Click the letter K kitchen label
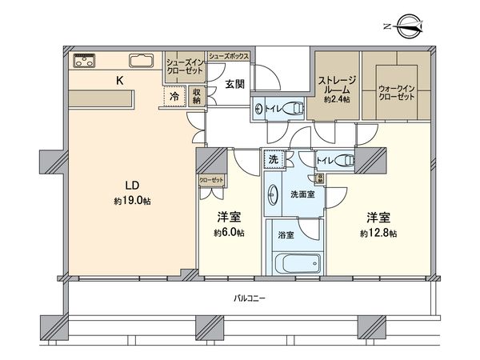pos(121,80)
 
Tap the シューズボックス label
pos(229,56)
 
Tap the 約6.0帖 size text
pos(230,233)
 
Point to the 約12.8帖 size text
pos(378,233)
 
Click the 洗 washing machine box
pos(274,159)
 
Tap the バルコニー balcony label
pos(250,299)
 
